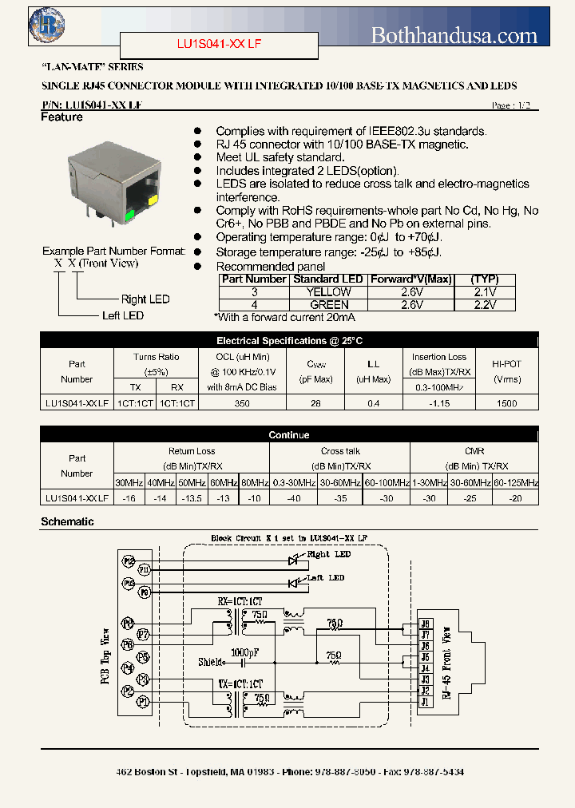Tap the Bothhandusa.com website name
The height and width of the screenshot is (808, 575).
454,34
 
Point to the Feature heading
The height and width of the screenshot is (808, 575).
61,117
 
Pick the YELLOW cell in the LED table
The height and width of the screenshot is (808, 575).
328,292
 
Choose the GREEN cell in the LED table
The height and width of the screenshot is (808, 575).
328,304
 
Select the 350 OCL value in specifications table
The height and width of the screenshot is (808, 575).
242,404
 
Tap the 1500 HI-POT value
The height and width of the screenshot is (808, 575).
506,404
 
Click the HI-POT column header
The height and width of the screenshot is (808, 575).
506,364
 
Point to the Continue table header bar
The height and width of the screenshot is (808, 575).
289,435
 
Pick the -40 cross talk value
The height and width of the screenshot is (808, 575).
295,497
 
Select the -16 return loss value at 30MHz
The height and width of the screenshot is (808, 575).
129,497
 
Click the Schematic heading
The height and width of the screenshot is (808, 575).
67,521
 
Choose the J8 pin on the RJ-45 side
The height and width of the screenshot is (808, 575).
425,624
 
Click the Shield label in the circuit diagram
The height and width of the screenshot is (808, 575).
212,661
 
